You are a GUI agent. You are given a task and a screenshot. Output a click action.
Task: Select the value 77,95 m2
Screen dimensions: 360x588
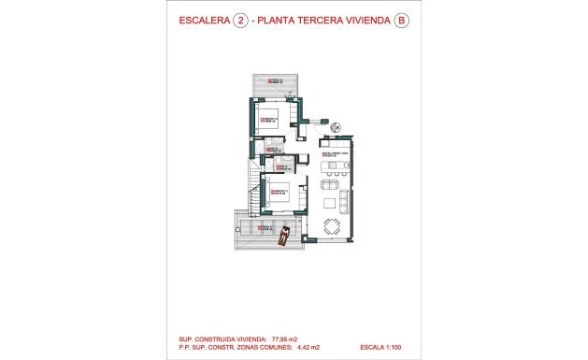(x=286, y=338)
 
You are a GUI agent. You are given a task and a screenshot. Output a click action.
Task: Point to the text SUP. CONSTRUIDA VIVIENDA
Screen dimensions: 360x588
(x=220, y=338)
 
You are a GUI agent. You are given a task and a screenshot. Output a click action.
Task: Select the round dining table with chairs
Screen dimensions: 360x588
(x=331, y=225)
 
